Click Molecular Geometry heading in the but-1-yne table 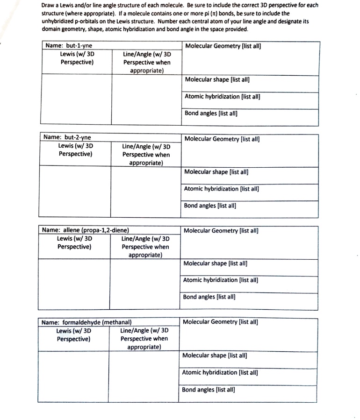pyautogui.click(x=223, y=46)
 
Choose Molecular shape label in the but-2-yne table pyautogui.click(x=216, y=171)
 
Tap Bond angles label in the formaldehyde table pyautogui.click(x=208, y=389)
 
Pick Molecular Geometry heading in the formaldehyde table pyautogui.click(x=221, y=322)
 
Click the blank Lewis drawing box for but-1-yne pyautogui.click(x=77, y=99)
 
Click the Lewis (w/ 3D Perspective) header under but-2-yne pyautogui.click(x=75, y=149)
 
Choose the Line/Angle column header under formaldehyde pyautogui.click(x=144, y=339)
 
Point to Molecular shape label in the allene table pyautogui.click(x=215, y=263)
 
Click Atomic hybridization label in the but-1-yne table pyautogui.click(x=222, y=97)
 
